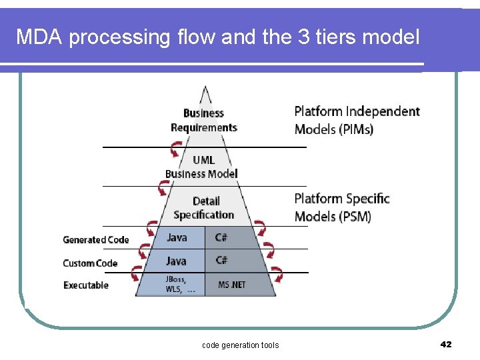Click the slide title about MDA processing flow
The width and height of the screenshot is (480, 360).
(218, 37)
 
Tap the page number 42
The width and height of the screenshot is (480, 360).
(446, 344)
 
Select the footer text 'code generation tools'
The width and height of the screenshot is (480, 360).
(240, 345)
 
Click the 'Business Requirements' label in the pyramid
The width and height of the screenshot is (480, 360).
(203, 121)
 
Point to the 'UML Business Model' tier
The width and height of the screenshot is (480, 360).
(202, 167)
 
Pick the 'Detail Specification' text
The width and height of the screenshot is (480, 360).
(204, 208)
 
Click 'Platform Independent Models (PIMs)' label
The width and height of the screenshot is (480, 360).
(357, 120)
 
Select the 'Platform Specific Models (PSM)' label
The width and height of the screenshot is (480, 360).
(341, 207)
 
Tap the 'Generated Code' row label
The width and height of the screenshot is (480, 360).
(95, 240)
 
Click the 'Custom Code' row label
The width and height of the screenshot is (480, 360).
(90, 263)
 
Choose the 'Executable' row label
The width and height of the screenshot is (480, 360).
(85, 285)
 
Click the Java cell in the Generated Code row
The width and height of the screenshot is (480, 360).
(177, 237)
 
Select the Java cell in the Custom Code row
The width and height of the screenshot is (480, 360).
(177, 261)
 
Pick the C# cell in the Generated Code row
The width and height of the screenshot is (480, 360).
(221, 237)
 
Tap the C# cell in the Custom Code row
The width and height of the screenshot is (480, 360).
(221, 261)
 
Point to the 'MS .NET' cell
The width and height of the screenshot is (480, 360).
(232, 285)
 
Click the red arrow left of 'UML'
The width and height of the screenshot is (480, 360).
(176, 153)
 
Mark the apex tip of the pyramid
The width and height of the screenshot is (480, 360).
(205, 87)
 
